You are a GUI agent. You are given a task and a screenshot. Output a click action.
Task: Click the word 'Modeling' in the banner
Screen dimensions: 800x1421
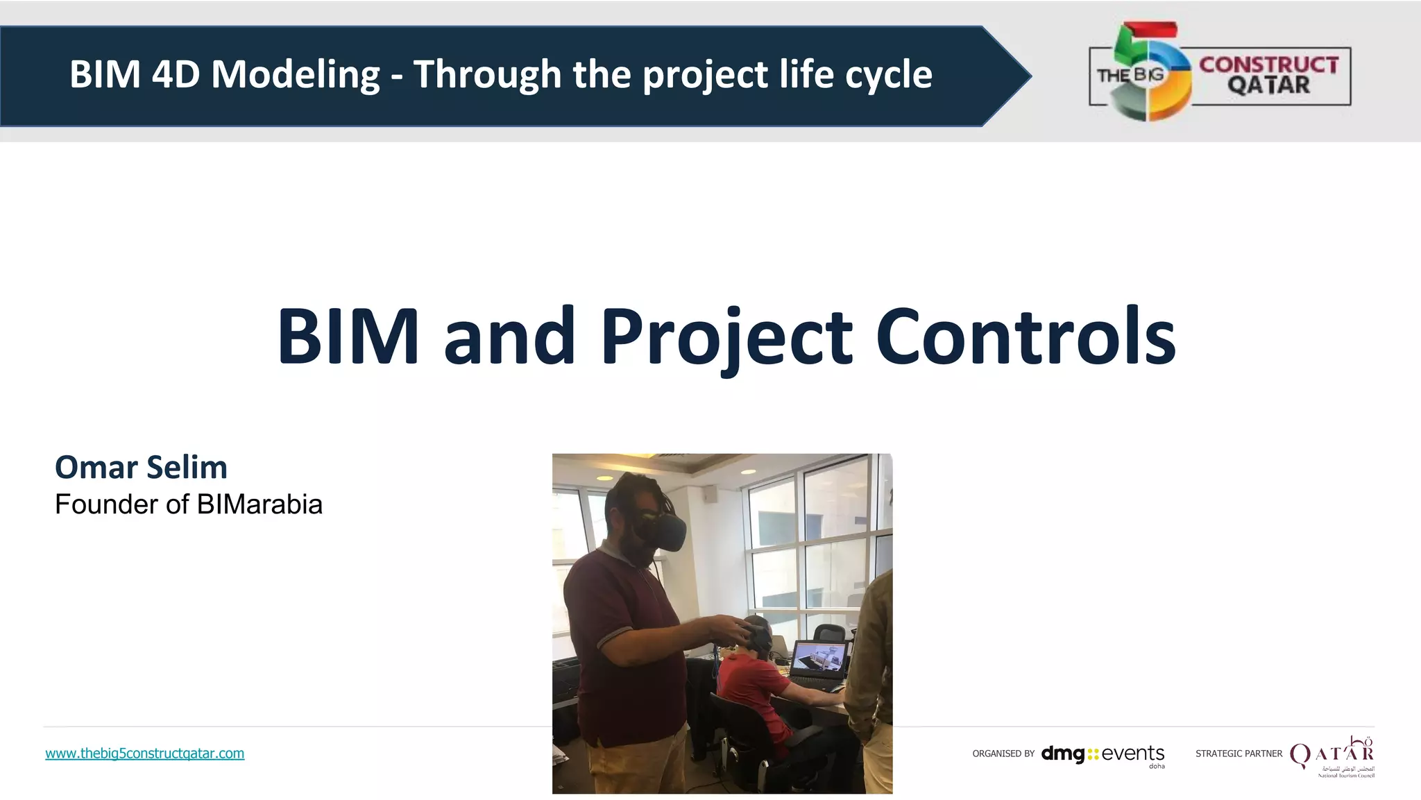(x=295, y=74)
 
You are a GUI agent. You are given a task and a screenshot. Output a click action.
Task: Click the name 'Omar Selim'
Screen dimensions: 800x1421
(x=141, y=467)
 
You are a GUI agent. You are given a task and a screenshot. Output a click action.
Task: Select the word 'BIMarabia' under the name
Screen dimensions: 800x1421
(x=259, y=504)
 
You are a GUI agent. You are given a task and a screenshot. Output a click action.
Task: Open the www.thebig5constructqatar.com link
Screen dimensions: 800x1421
(x=144, y=754)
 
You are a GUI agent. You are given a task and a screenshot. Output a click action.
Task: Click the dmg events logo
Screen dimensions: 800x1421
(x=1103, y=754)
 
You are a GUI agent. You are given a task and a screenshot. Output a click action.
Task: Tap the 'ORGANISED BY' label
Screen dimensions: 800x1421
(x=1003, y=754)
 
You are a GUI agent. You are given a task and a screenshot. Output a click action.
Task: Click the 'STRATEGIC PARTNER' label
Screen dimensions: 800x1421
(x=1239, y=754)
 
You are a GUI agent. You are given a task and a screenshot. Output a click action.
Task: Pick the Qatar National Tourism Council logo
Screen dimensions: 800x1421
(x=1332, y=756)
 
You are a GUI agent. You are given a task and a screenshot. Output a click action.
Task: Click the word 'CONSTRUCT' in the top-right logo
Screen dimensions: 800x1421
(x=1269, y=65)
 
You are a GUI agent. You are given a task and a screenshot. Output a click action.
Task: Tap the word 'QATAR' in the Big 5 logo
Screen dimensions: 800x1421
(x=1269, y=85)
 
